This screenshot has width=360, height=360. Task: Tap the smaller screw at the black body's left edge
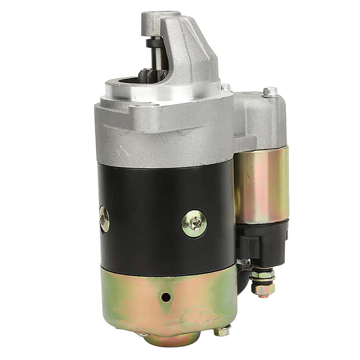tap(104, 219)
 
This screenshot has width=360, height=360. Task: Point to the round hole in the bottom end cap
tap(166, 297)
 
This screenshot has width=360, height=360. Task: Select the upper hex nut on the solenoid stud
tap(262, 274)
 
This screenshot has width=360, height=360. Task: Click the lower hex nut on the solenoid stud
tap(263, 288)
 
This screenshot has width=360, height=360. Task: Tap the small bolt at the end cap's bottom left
tap(143, 334)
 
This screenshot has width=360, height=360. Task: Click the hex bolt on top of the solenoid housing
tap(270, 92)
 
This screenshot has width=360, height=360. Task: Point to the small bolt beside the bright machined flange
tap(225, 87)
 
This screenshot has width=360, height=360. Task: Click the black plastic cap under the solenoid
tap(261, 243)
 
